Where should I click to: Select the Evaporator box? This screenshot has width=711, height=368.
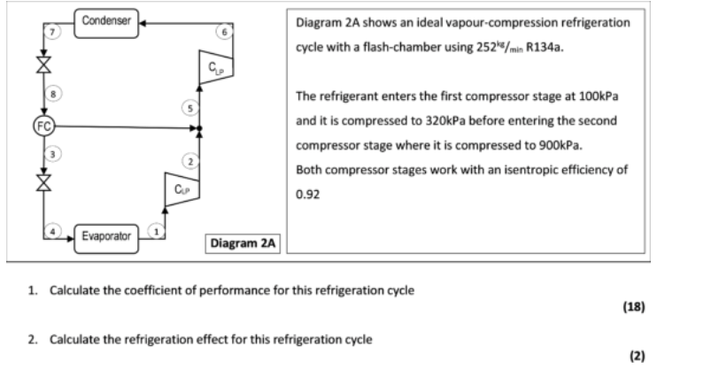(106, 236)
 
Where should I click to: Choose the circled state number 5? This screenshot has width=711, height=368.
(187, 110)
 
